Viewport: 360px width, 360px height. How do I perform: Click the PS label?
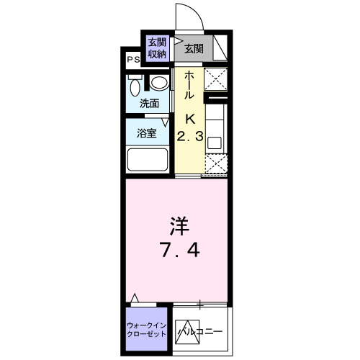[134, 60]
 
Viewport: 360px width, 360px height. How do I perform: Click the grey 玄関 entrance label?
[192, 49]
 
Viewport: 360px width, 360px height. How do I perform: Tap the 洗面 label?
[150, 103]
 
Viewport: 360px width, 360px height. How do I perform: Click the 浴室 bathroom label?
[146, 133]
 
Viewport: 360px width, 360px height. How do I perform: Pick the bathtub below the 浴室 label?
[150, 159]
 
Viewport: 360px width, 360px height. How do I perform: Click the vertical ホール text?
[189, 86]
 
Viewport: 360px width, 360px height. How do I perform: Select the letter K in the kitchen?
[191, 119]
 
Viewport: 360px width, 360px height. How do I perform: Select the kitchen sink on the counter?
[215, 141]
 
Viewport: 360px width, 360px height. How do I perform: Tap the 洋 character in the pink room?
[179, 228]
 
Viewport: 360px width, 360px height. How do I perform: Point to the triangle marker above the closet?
[135, 297]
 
